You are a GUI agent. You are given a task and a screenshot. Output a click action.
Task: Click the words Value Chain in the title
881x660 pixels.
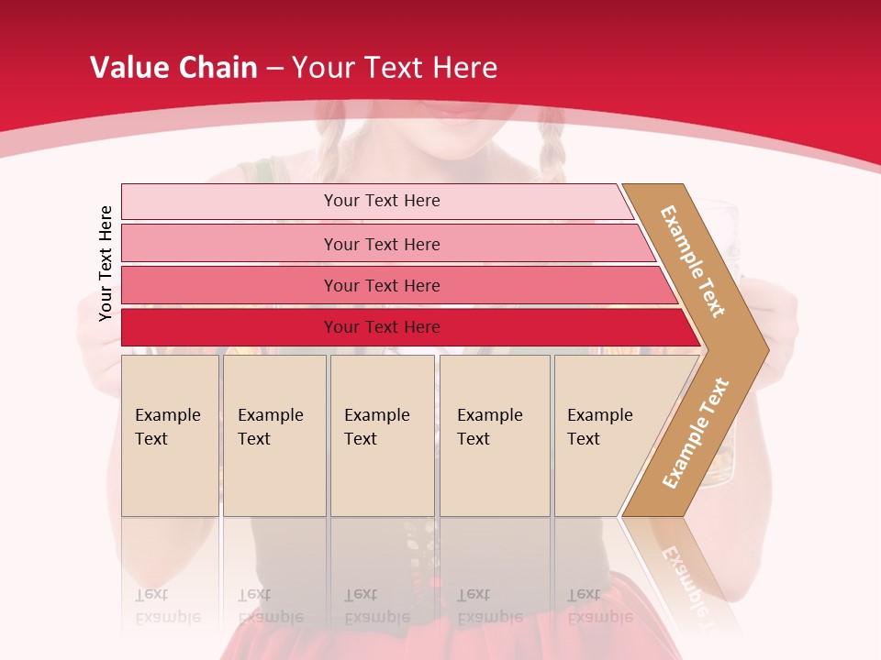[x=173, y=68]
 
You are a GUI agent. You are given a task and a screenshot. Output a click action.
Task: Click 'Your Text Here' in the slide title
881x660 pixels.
[x=395, y=68]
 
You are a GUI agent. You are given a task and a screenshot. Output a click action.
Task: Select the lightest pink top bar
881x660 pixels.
[x=381, y=201]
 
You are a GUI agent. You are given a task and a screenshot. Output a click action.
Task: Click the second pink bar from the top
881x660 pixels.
[x=381, y=244]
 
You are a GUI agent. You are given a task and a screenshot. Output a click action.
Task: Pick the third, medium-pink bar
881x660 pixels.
[x=381, y=285]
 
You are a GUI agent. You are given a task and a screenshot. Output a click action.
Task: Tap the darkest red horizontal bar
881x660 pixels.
[x=381, y=327]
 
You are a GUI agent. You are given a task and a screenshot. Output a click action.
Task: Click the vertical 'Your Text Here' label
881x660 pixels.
[x=106, y=263]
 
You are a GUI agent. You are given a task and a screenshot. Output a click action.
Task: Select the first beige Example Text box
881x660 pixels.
[x=170, y=435]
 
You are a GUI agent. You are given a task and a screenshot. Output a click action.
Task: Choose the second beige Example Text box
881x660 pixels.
[x=273, y=435]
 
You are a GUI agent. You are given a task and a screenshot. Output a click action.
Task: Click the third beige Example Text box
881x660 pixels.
[x=381, y=435]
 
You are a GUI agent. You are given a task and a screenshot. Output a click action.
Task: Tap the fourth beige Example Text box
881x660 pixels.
[x=494, y=435]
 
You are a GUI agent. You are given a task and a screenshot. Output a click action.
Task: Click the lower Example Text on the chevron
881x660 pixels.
[x=696, y=433]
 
